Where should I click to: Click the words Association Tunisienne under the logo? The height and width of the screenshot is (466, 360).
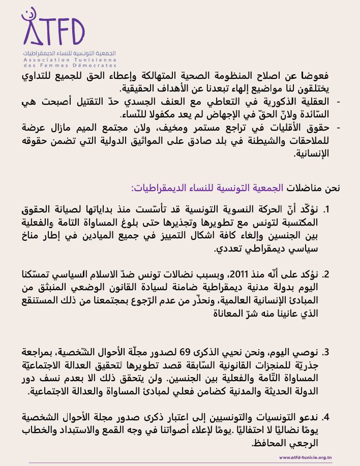pyautogui.click(x=70, y=59)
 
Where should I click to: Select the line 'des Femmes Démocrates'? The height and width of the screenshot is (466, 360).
pyautogui.click(x=70, y=66)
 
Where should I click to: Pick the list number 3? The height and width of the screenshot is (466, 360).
pyautogui.click(x=327, y=352)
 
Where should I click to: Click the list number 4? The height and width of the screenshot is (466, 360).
pyautogui.click(x=327, y=417)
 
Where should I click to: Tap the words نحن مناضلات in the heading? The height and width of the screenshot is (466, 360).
pyautogui.click(x=312, y=188)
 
